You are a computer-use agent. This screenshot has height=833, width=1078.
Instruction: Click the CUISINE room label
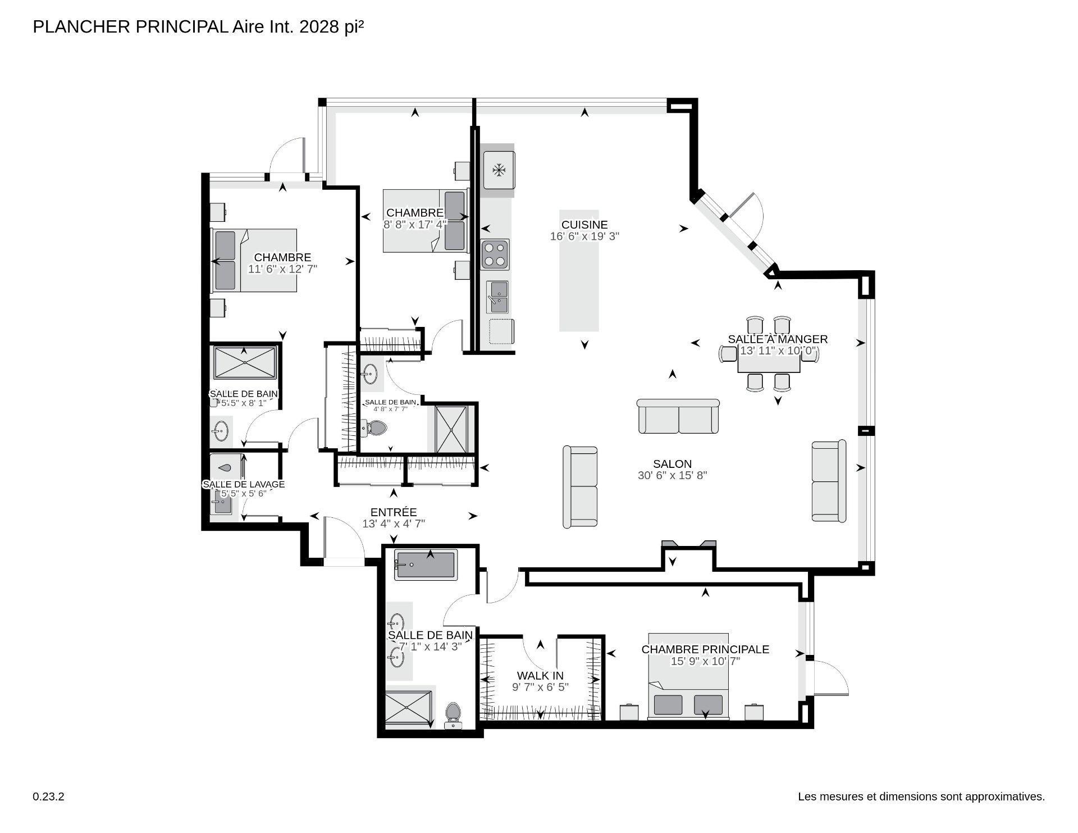[x=584, y=225]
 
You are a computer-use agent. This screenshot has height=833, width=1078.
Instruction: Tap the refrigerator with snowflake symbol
[x=499, y=170]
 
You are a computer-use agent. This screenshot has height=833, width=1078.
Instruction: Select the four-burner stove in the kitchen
[x=495, y=254]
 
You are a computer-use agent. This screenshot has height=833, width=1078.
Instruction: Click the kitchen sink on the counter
[x=497, y=297]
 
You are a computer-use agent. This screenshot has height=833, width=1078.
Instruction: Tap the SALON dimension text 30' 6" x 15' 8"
[x=672, y=475]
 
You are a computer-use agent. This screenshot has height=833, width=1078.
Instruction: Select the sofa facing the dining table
[x=678, y=417]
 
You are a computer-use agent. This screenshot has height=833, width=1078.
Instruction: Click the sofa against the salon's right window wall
[x=828, y=481]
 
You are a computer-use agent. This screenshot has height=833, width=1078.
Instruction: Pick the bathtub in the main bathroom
[x=425, y=565]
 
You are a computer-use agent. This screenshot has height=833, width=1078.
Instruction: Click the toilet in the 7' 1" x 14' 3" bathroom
[x=453, y=714]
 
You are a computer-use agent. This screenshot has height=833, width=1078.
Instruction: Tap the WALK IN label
[x=540, y=676]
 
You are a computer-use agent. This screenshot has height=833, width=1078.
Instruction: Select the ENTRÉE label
[x=394, y=512]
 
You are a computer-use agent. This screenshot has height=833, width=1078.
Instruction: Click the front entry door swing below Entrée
[x=342, y=539]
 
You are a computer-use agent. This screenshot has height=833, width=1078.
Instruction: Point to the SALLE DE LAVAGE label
[x=244, y=484]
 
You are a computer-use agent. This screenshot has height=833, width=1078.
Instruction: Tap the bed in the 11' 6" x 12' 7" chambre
[x=254, y=261]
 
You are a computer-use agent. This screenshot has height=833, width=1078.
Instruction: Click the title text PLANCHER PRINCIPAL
[x=130, y=27]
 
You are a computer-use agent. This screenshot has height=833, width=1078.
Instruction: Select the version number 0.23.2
[x=49, y=796]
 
